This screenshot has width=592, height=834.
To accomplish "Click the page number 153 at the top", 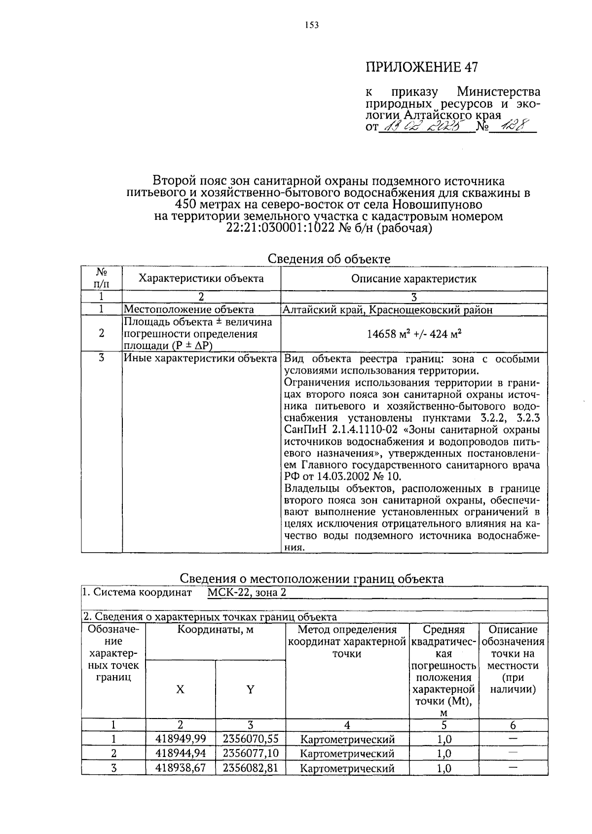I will coord(312,25).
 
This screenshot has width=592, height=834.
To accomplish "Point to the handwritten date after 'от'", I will coord(426,127).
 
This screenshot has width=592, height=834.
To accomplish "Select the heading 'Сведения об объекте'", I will coord(329,259).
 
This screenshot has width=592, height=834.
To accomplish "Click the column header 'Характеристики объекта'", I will coord(201,278).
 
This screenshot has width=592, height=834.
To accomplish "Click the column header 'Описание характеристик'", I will coord(414,278).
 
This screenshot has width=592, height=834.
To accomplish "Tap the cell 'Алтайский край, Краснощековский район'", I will coord(387,310).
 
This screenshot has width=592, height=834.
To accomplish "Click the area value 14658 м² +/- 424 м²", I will coord(414,334).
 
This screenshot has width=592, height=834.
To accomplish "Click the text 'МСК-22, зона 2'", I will coord(247,593).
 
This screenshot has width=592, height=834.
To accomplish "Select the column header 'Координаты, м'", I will coord(216,630).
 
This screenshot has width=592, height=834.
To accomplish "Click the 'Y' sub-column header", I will coord(251,689).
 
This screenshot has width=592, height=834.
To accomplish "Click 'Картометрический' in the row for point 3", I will coord(347,768).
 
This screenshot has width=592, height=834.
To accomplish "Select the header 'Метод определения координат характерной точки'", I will coord(347,642).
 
